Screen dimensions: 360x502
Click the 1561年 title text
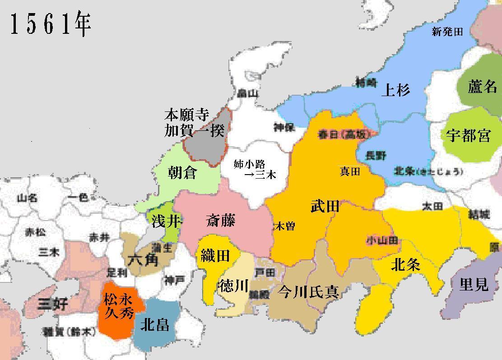(50, 25)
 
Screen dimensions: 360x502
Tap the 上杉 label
(395, 90)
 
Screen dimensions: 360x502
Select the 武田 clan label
(325, 207)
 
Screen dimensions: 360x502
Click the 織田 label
(215, 256)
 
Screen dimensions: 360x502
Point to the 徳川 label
(233, 286)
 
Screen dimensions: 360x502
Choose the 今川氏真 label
(308, 291)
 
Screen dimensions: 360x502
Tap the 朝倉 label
(182, 172)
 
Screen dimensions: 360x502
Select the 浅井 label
(162, 222)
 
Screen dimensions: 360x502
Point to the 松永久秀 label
(119, 305)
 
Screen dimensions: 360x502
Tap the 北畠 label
(155, 324)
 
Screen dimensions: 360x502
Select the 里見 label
(474, 284)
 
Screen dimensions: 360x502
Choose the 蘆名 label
(482, 87)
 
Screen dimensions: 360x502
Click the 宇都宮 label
(468, 135)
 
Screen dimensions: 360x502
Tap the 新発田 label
(447, 32)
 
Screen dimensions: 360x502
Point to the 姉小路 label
(249, 164)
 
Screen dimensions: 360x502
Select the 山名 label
(27, 198)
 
